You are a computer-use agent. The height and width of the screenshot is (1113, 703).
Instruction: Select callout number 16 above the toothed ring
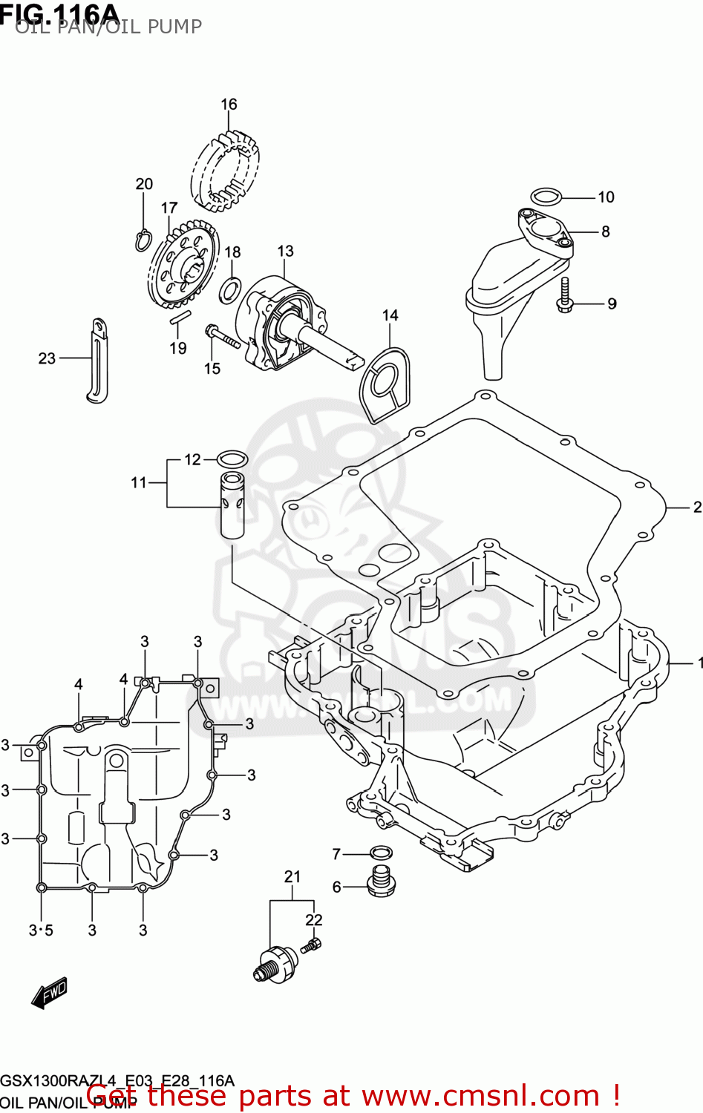pyautogui.click(x=229, y=105)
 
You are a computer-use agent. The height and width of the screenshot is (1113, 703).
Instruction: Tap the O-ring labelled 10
pyautogui.click(x=546, y=197)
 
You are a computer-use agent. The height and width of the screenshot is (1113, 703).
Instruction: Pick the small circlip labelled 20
pyautogui.click(x=143, y=239)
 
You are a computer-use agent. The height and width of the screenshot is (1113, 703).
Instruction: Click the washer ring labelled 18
pyautogui.click(x=230, y=290)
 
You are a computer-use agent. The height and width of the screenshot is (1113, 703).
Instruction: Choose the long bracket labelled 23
pyautogui.click(x=97, y=361)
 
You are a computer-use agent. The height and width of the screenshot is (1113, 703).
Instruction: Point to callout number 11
pyautogui.click(x=139, y=483)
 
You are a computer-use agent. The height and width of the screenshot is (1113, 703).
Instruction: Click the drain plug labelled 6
pyautogui.click(x=382, y=880)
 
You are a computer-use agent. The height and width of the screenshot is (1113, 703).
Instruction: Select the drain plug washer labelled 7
pyautogui.click(x=381, y=853)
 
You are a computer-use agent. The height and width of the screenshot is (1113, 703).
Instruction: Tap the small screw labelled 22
pyautogui.click(x=311, y=945)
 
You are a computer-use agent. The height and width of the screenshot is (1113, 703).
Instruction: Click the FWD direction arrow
pyautogui.click(x=50, y=993)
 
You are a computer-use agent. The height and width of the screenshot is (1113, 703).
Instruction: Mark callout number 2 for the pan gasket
pyautogui.click(x=696, y=508)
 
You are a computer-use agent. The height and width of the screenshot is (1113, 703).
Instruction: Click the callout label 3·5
pyautogui.click(x=41, y=930)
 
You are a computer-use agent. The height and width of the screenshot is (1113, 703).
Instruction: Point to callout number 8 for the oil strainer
pyautogui.click(x=605, y=232)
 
